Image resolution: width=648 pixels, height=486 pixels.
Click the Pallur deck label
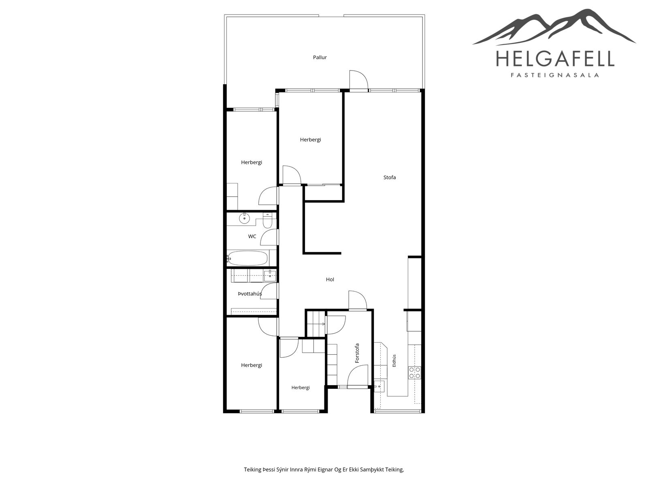click(320, 57)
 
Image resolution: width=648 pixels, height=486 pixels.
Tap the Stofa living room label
click(389, 177)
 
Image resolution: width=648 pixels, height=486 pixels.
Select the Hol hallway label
click(330, 279)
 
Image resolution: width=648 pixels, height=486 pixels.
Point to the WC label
click(252, 237)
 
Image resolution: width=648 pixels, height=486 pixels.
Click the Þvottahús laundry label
click(250, 294)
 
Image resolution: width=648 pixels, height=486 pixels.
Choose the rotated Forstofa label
click(357, 353)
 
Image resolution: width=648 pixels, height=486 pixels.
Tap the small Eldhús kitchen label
click(394, 360)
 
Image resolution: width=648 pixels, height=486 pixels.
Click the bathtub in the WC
click(247, 258)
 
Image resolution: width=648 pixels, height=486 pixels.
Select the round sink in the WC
click(245, 219)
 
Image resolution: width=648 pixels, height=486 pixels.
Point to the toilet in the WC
click(267, 220)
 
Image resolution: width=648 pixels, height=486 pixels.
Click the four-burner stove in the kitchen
click(414, 373)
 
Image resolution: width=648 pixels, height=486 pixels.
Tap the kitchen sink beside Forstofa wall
click(379, 386)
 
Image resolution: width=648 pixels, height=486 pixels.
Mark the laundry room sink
click(270, 276)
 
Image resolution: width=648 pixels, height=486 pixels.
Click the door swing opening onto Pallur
click(359, 79)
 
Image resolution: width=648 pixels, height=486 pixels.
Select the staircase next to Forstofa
click(316, 324)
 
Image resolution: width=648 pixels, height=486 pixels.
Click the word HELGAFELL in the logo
click(555, 58)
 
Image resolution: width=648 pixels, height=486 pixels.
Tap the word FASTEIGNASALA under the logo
click(555, 75)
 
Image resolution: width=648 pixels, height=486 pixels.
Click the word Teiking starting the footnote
click(253, 469)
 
